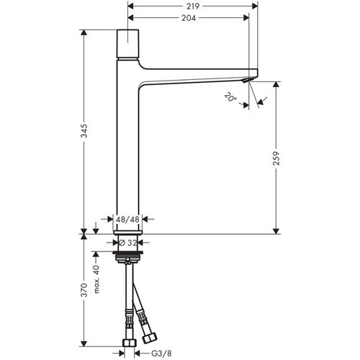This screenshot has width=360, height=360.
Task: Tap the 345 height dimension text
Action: click(86, 132)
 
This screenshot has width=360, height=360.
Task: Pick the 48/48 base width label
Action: click(127, 218)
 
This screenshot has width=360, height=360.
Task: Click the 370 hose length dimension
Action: click(86, 290)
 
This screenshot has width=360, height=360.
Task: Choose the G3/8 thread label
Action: click(152, 353)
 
